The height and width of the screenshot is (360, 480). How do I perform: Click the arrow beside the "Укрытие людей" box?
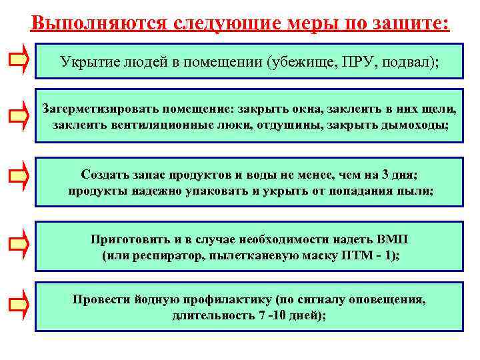pos(19,59)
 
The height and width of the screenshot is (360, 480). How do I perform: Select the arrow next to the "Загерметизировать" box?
pos(19,117)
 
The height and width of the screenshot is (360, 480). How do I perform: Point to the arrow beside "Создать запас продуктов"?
pos(19,175)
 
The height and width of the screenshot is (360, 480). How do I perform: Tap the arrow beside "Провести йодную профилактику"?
pos(19,305)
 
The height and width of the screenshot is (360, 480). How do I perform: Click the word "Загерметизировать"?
pos(95,108)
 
